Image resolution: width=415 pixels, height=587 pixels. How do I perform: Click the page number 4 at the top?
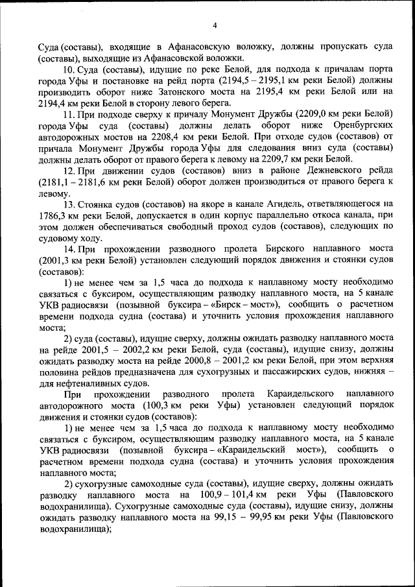click(214, 25)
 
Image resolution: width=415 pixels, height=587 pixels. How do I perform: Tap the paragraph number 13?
click(70, 203)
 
